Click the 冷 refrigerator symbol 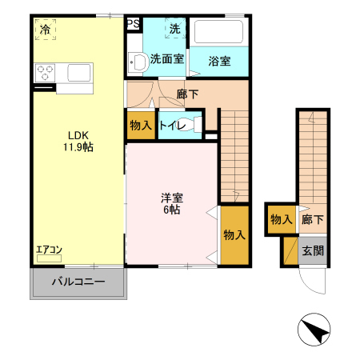[45, 30]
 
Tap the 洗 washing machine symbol [175, 30]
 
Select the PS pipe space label [133, 24]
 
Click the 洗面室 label [167, 58]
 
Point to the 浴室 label [219, 60]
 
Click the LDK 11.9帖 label [79, 141]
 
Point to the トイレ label [173, 126]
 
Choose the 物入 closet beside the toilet [141, 126]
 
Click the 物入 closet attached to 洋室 [234, 235]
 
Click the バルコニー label [78, 282]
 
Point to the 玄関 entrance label [312, 250]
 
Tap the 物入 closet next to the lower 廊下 [280, 219]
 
